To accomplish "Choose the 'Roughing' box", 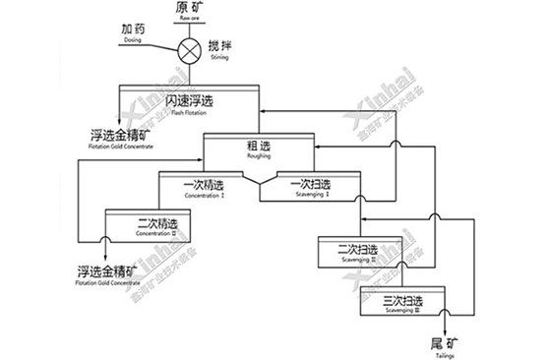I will pos(259,150).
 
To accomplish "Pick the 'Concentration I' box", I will pos(206,187).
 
